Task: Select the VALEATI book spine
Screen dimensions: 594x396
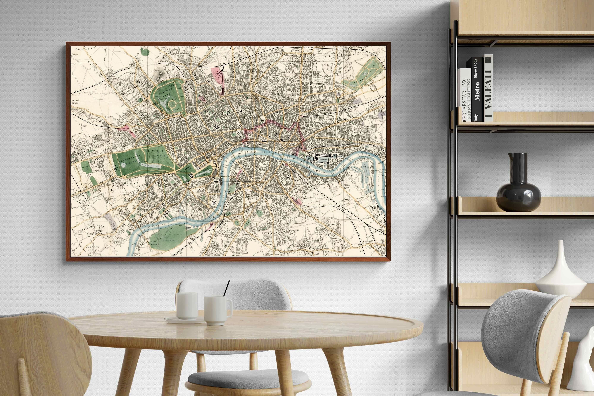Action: click(x=488, y=88)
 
